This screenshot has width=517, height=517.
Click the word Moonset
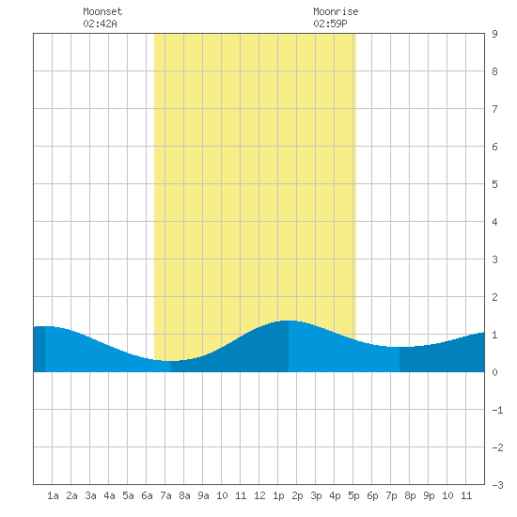[102, 11]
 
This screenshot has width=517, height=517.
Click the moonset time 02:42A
[100, 23]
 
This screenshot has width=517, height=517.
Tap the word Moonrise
[336, 11]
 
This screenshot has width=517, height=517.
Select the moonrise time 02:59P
[330, 23]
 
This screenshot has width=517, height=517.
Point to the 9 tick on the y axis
[494, 34]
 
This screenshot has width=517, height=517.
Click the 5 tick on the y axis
[494, 184]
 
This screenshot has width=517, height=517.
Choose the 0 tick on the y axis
[494, 372]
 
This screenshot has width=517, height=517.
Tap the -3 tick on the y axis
[498, 485]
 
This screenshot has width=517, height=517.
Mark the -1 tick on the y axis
[498, 410]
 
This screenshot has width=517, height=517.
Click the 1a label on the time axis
[53, 495]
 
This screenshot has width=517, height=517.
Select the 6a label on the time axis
[147, 495]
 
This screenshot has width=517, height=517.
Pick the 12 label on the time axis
[259, 495]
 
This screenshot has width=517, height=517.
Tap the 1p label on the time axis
[278, 495]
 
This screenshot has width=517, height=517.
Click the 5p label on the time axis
[353, 495]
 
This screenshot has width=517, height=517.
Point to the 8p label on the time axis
[410, 495]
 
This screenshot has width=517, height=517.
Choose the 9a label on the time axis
[203, 495]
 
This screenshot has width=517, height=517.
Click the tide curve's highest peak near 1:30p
[289, 321]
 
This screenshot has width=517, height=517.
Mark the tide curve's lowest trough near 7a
[169, 361]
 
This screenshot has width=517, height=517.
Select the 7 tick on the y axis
[494, 109]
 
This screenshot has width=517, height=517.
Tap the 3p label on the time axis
[316, 495]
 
